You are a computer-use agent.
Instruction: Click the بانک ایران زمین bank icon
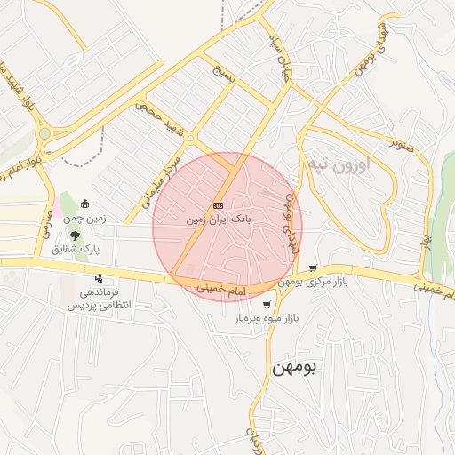pyautogui.click(x=219, y=204)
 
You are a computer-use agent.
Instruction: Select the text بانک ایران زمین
pyautogui.click(x=219, y=218)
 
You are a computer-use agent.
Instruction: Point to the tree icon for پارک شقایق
pyautogui.click(x=75, y=236)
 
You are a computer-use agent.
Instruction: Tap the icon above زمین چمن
pyautogui.click(x=84, y=204)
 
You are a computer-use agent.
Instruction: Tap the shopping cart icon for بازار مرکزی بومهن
pyautogui.click(x=313, y=267)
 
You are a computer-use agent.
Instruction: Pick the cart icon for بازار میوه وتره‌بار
pyautogui.click(x=267, y=304)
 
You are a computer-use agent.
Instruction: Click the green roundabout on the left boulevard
pyautogui.click(x=44, y=133)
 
